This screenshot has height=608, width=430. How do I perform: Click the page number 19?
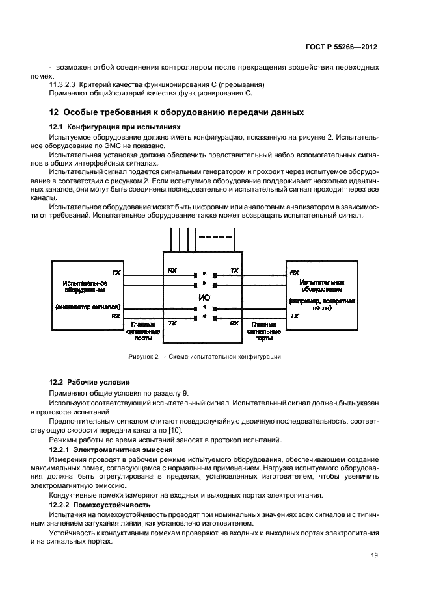(373, 555)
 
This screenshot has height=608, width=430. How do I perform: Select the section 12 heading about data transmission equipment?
(177, 112)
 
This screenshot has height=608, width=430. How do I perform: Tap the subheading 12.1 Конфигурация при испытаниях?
(111, 127)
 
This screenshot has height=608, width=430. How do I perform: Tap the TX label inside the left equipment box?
(116, 273)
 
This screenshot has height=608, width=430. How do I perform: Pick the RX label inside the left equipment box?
(116, 316)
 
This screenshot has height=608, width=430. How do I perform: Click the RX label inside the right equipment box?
(295, 273)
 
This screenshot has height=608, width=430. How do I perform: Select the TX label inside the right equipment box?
(295, 316)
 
